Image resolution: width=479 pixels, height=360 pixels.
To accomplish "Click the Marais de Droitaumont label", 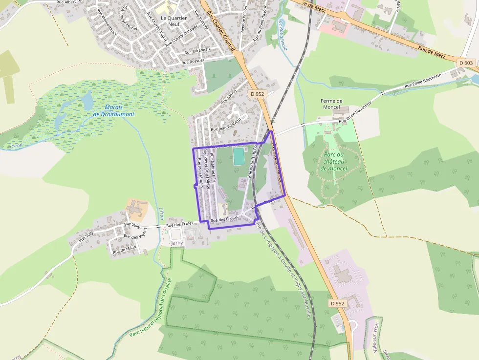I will point(113,110).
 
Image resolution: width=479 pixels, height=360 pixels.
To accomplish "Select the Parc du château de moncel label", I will point(334,162).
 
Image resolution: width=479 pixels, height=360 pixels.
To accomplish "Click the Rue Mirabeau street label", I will point(197,51).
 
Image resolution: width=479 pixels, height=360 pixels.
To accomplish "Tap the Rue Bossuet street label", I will point(192,62).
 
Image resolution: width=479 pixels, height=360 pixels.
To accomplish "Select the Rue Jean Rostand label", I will point(225,124).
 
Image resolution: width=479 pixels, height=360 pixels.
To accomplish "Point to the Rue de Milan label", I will point(124,249).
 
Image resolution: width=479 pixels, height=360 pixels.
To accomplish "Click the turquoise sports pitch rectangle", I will point(239,156).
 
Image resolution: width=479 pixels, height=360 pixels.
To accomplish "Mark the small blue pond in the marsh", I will point(87,102).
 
